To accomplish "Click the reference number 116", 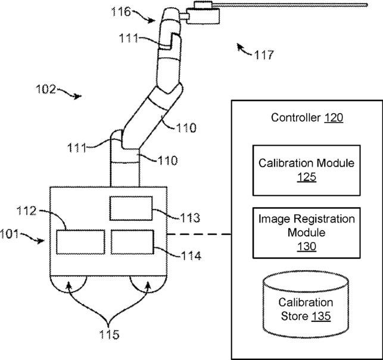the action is pos(121,11).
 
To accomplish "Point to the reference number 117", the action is pos(264,55).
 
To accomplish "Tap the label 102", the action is pos(46,89).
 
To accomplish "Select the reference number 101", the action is pos(10,234).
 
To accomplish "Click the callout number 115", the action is pos(109,334).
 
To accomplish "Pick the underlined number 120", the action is pos(334,118).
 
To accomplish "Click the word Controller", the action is pos(296,118).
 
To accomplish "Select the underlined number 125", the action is pos(307,177).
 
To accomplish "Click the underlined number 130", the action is pos(307,246).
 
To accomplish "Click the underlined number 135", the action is pos(321,317).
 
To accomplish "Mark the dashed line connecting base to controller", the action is pos(199,234).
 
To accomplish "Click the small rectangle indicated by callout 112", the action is pos(81,242).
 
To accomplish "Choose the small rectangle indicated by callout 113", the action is pos(131,208).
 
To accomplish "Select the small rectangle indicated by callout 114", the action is pos(132,242).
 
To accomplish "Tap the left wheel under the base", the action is pos(68,284).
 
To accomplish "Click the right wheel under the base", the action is pos(148,284).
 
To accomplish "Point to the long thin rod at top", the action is pos(289,5).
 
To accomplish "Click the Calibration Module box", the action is pos(307,170).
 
